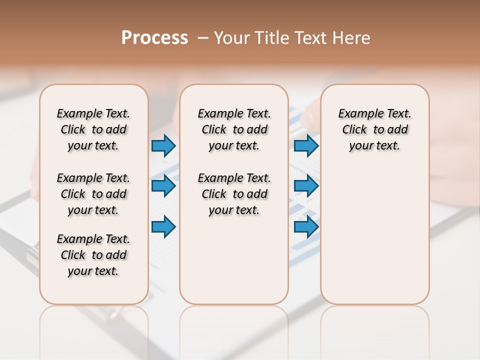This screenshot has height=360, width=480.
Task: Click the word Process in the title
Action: click(x=154, y=37)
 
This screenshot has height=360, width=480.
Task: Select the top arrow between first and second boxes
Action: click(x=163, y=145)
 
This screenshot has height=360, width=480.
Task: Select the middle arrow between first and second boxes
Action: click(x=163, y=186)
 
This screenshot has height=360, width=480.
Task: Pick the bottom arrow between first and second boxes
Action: click(x=163, y=226)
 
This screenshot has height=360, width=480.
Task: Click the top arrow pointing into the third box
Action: click(x=306, y=145)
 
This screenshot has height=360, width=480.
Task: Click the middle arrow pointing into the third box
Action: click(x=306, y=186)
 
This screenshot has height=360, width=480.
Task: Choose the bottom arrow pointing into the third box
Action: click(x=306, y=226)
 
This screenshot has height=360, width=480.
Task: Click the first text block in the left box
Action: click(x=93, y=129)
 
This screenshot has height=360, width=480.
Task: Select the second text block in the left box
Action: click(x=93, y=194)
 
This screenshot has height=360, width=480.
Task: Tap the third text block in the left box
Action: click(x=93, y=255)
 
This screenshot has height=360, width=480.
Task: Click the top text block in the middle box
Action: click(x=234, y=129)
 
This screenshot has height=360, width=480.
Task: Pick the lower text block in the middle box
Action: click(x=234, y=194)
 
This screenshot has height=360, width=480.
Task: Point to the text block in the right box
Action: click(x=374, y=129)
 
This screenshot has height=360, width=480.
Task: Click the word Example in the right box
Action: click(x=357, y=114)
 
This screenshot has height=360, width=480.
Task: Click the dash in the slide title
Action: click(x=203, y=38)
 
